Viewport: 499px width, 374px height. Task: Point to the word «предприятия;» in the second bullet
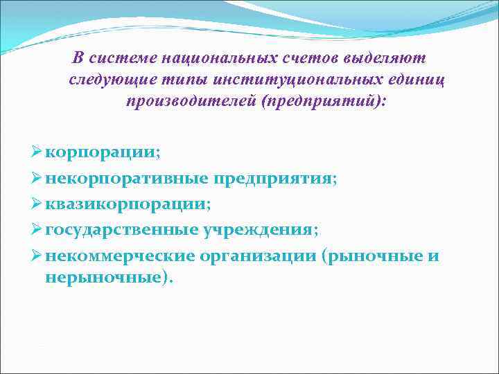pyautogui.click(x=274, y=179)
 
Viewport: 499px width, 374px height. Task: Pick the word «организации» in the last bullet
pyautogui.click(x=258, y=257)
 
